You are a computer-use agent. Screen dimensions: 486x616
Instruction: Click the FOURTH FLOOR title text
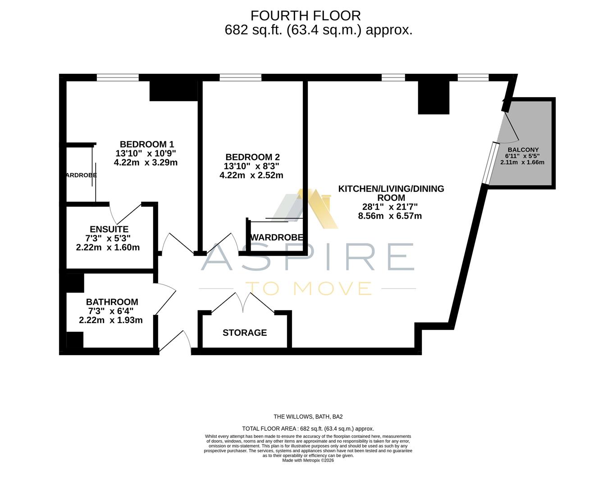click(306, 16)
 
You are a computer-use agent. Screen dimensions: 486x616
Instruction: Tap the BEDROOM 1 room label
click(146, 144)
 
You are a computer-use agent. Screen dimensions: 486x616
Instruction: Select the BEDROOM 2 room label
click(252, 157)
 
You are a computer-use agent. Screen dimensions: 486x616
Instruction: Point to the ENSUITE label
click(109, 229)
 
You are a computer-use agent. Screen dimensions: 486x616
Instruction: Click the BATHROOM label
click(112, 302)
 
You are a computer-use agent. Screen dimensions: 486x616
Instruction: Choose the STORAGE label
click(245, 333)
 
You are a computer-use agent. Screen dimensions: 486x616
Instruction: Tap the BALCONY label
click(523, 150)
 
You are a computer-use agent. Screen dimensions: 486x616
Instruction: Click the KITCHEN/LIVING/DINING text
click(391, 189)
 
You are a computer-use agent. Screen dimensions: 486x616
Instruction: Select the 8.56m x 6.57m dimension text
click(390, 216)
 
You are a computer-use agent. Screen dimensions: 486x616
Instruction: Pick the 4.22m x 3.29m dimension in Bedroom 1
click(146, 162)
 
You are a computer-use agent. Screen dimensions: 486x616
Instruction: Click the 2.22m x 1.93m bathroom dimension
click(111, 320)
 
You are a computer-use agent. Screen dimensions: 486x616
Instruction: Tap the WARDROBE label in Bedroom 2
click(276, 237)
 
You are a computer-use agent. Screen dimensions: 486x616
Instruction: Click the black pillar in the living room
click(433, 97)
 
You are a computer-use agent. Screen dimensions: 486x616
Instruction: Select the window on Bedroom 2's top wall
click(240, 77)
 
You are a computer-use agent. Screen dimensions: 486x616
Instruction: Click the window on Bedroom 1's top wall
click(118, 77)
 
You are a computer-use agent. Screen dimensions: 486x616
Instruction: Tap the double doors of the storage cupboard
click(243, 302)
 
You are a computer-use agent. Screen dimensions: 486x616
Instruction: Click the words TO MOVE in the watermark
click(308, 288)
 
